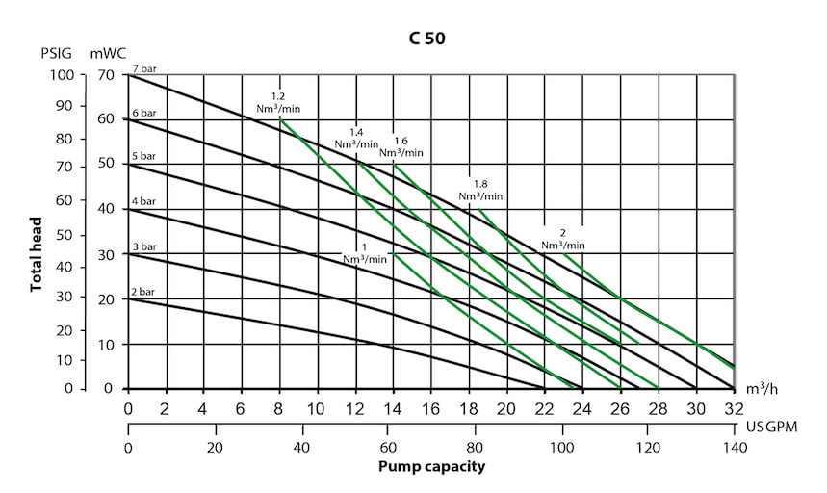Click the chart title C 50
tap(425, 39)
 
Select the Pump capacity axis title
tap(431, 467)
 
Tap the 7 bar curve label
tap(143, 68)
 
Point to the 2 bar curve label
tap(143, 292)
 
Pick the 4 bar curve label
tap(143, 201)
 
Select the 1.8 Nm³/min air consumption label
tap(480, 190)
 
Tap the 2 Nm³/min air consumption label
tap(562, 239)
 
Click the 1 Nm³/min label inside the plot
tap(366, 252)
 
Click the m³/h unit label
tap(762, 389)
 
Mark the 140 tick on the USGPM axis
tap(734, 448)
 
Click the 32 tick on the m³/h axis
tap(734, 408)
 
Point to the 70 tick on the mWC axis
tap(106, 75)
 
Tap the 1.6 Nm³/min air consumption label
tap(401, 146)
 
